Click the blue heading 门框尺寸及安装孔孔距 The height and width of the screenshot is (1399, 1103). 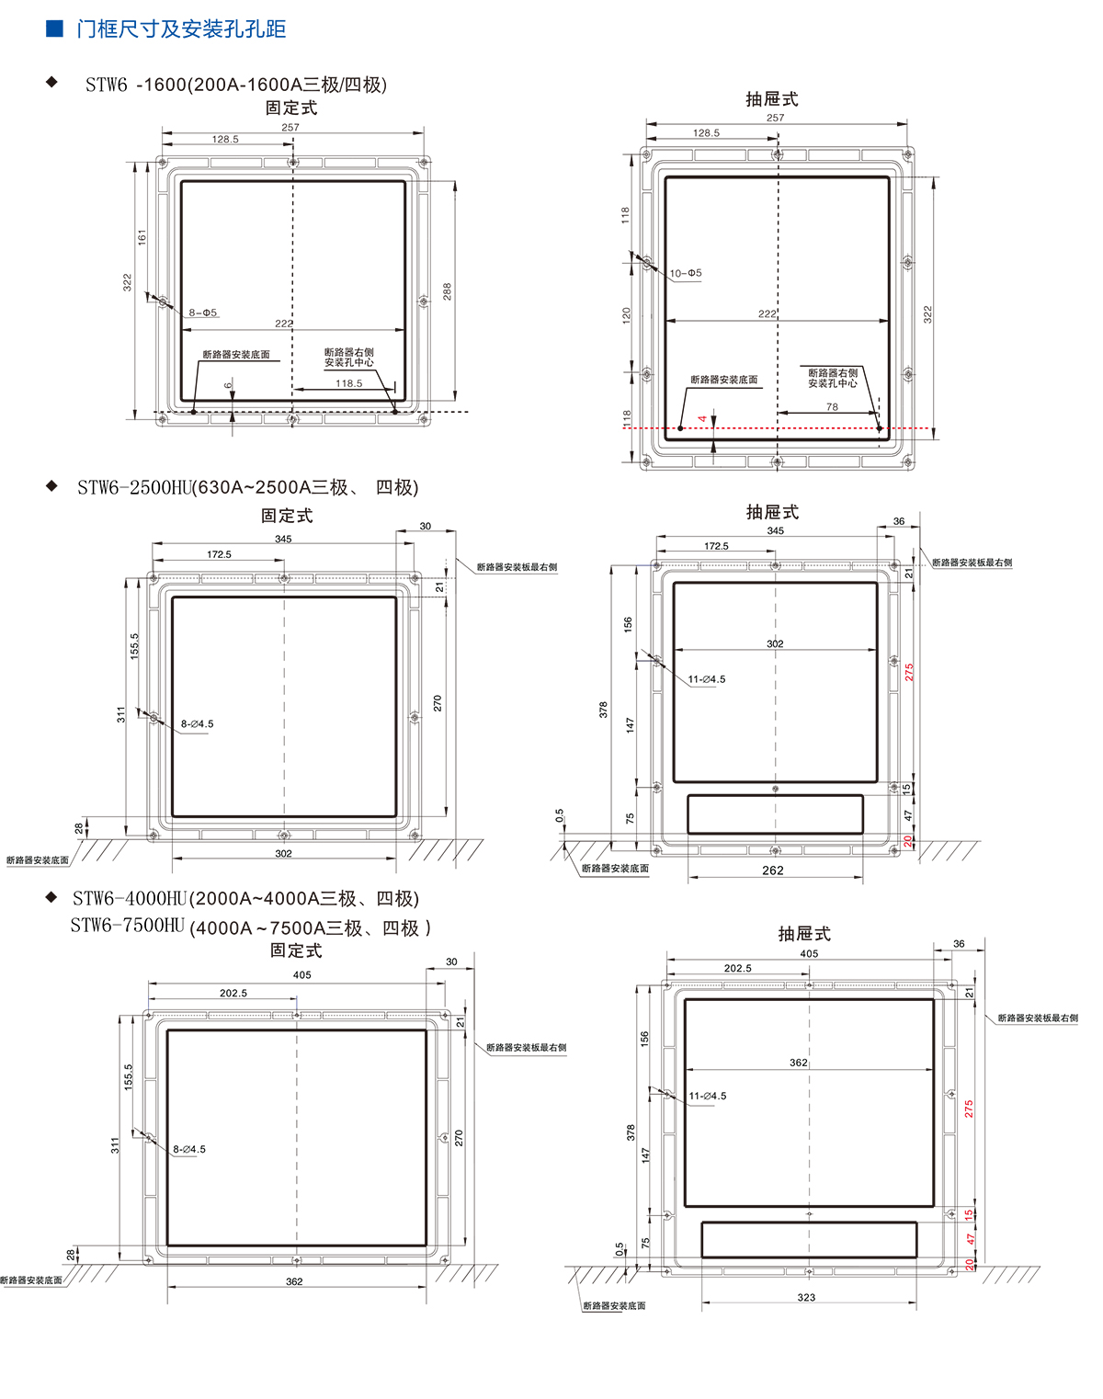[181, 29]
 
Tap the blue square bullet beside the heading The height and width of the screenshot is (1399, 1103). [54, 28]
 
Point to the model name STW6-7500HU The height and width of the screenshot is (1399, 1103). [128, 926]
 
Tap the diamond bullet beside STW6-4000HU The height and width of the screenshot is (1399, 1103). [52, 898]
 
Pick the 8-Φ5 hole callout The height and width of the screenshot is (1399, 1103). [203, 313]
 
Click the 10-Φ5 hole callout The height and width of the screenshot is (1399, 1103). [686, 273]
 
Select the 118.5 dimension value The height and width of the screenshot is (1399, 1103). [349, 383]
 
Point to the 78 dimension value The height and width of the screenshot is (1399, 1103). [832, 407]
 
